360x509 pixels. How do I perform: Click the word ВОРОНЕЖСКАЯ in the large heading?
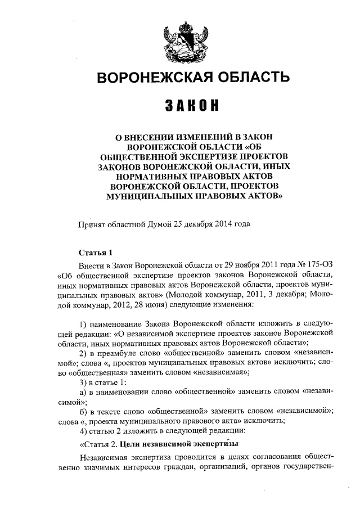[x=146, y=77]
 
